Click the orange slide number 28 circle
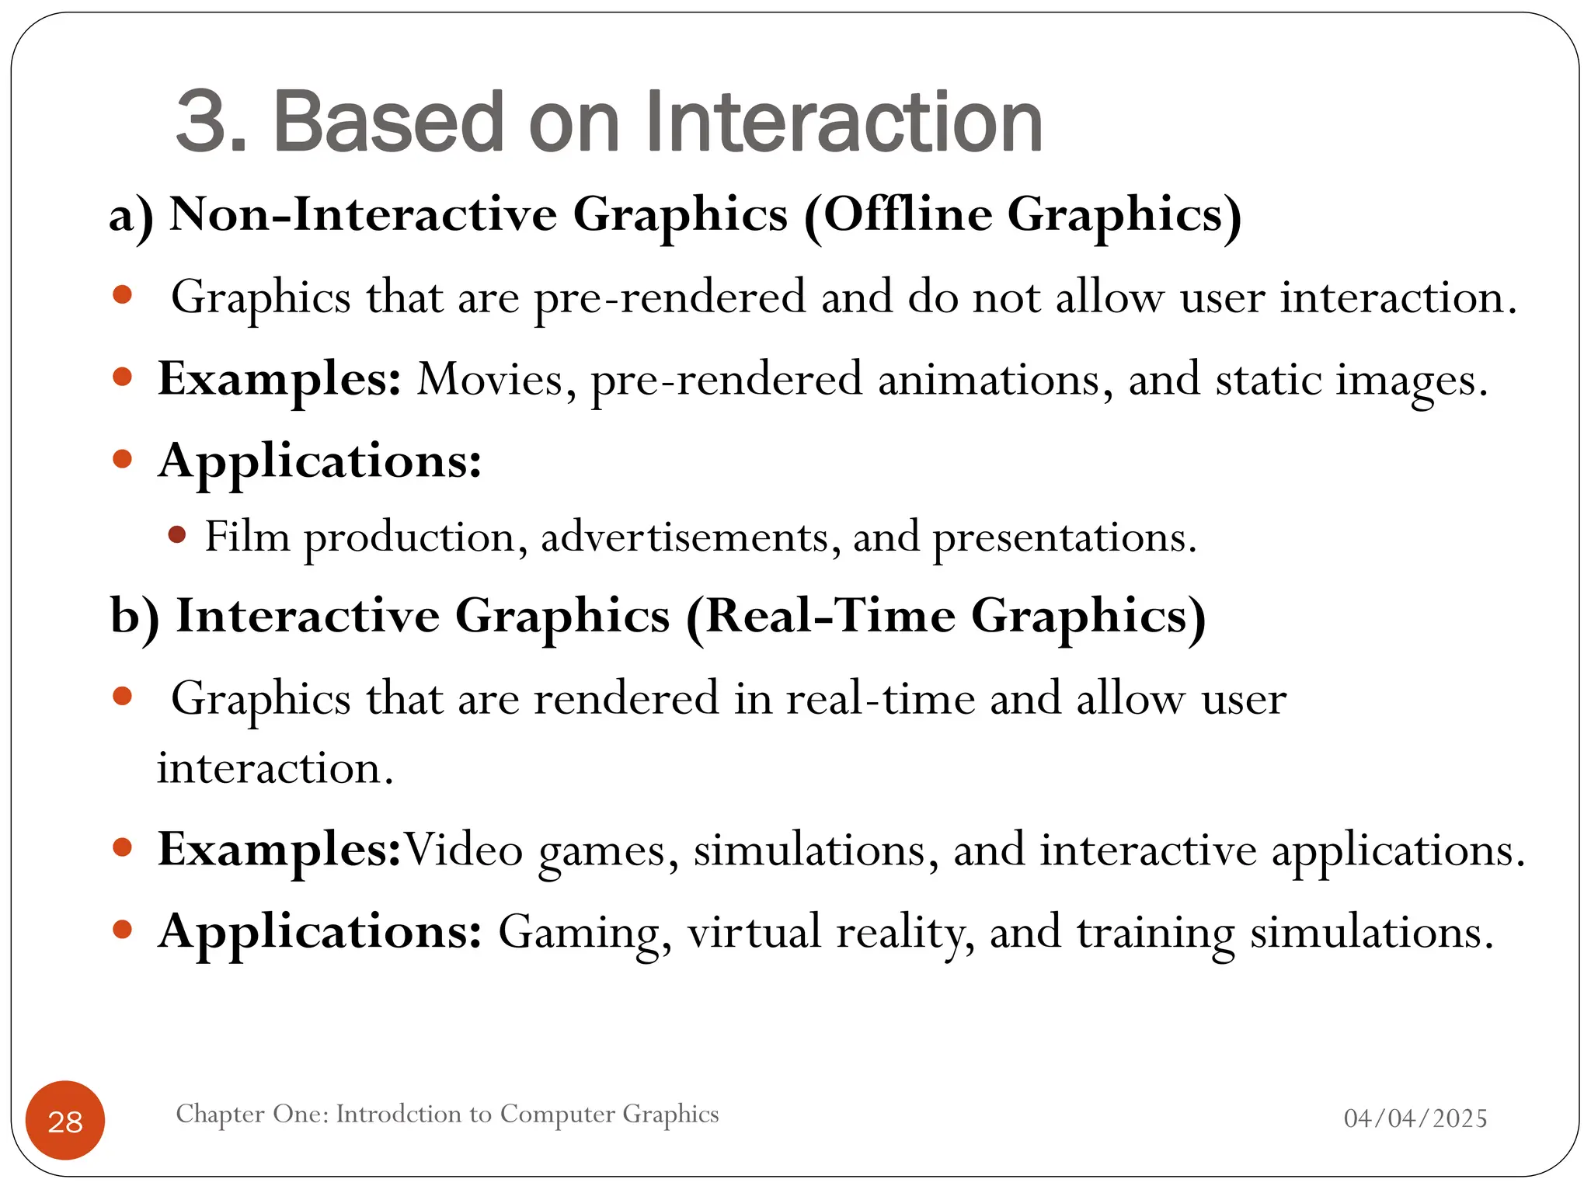point(65,1120)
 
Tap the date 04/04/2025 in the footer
point(1415,1118)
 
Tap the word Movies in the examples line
point(496,380)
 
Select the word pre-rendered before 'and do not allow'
point(670,297)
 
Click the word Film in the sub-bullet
point(247,537)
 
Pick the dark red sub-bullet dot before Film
point(177,534)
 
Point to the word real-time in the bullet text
point(880,698)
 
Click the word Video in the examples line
point(464,850)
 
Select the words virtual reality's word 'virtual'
point(754,931)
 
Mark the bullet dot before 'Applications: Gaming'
point(123,929)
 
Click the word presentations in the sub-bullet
point(1064,537)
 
